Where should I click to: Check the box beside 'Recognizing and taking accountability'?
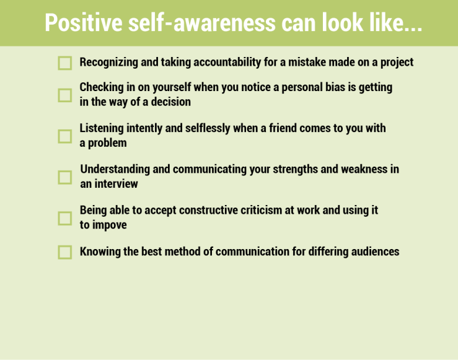pos(65,63)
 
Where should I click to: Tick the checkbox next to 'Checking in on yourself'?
pos(65,95)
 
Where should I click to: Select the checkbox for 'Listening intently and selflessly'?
pos(65,136)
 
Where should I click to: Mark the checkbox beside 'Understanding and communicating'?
pos(65,177)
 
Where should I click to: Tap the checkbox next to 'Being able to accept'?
pos(65,218)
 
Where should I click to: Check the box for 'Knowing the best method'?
pos(65,252)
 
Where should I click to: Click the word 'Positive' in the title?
pos(84,22)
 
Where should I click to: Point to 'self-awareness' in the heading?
pos(202,22)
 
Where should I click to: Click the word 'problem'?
pos(107,143)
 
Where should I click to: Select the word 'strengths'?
pos(295,169)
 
